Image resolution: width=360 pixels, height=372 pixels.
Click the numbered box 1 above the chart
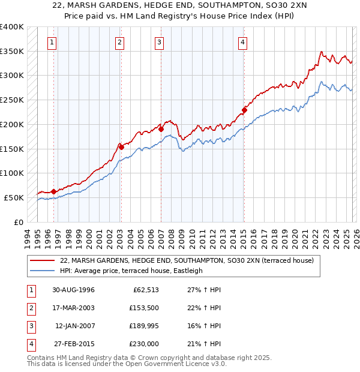click(x=53, y=42)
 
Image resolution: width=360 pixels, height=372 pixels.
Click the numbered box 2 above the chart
click(x=120, y=42)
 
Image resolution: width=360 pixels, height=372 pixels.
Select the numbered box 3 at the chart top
click(x=160, y=42)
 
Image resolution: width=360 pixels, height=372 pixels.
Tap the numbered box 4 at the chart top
click(x=242, y=42)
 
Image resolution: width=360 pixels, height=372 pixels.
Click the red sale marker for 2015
click(x=244, y=110)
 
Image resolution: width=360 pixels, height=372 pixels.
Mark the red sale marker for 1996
click(x=54, y=191)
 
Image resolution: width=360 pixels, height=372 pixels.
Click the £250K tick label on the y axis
click(x=11, y=100)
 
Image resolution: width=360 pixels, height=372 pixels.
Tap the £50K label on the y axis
click(x=14, y=197)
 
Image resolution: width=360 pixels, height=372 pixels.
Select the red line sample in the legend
click(x=43, y=261)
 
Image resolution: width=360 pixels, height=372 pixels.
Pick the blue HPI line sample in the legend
click(x=43, y=271)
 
